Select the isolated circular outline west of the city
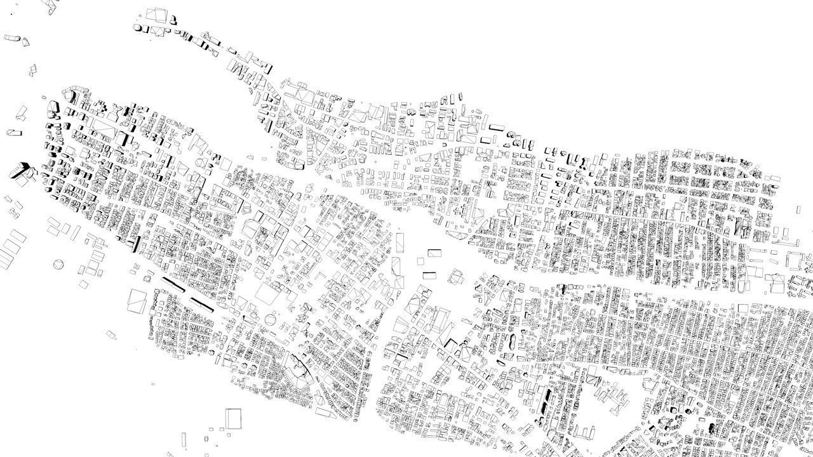point(59,263)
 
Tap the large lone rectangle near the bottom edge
point(233,418)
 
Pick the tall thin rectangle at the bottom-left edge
point(184,440)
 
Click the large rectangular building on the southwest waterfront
point(137,300)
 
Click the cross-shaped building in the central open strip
point(455,275)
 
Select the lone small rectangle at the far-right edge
point(798,209)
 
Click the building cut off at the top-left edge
point(48,4)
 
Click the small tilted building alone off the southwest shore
point(111,334)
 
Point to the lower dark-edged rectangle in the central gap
point(430,274)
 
